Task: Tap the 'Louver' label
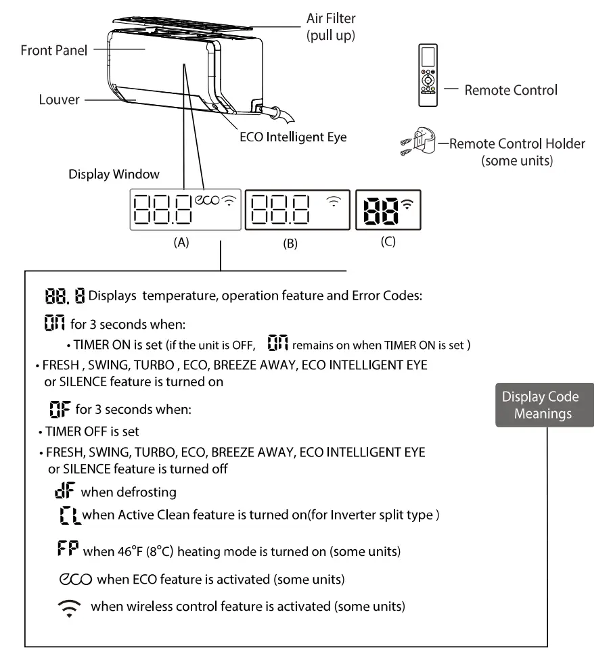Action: (59, 100)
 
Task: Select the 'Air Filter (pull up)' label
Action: (330, 27)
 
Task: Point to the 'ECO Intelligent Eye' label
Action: (293, 137)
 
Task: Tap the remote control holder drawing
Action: (420, 143)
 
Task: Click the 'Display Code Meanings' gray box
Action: (545, 405)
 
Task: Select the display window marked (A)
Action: (185, 210)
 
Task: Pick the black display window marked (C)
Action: (388, 210)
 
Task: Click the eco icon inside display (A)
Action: (207, 200)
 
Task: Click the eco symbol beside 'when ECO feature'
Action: (75, 579)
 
